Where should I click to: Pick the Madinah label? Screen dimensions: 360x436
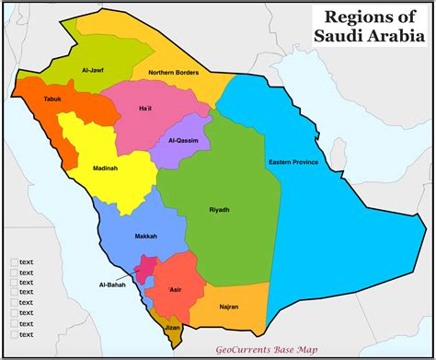105,168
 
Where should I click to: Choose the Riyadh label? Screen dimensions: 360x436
219,210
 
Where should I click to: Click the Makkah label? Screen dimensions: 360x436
131,235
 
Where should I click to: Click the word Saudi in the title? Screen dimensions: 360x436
333,41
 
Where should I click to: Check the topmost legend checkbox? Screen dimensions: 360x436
14,262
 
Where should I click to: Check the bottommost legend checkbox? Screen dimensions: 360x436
14,333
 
